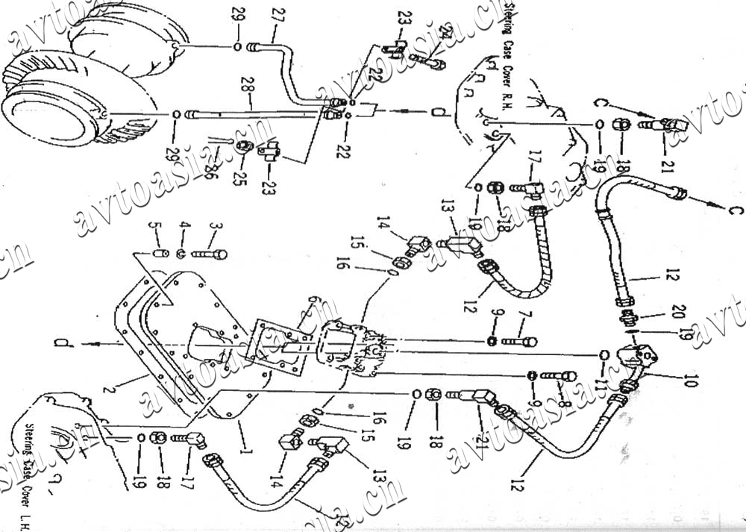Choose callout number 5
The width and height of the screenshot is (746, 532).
point(156,227)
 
